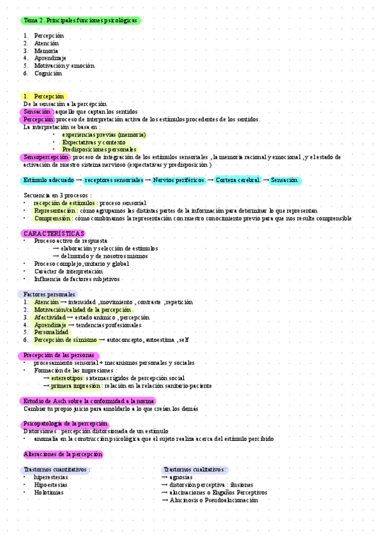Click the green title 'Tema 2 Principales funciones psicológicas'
[x=81, y=20]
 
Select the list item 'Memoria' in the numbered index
[x=46, y=51]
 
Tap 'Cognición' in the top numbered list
[x=48, y=74]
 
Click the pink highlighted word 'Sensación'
[x=37, y=112]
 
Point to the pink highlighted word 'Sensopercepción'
[x=45, y=157]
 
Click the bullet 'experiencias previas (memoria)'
[x=104, y=134]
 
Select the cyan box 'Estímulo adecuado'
[x=48, y=180]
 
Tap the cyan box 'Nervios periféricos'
[x=179, y=180]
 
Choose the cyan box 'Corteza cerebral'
[x=238, y=180]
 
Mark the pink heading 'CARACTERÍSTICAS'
[x=53, y=233]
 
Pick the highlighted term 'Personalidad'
[x=51, y=332]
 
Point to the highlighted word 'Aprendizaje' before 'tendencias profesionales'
[x=50, y=324]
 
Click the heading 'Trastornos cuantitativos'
[x=56, y=469]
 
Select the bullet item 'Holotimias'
[x=49, y=492]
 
